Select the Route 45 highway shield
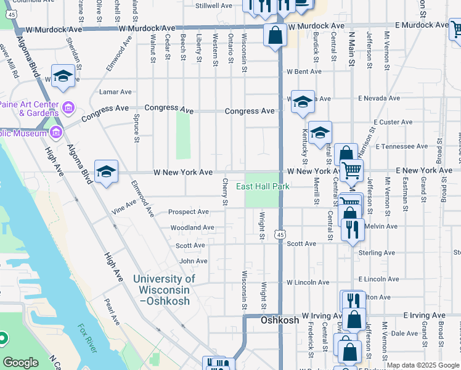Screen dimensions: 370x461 [x=281, y=235]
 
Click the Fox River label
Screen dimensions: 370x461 [x=87, y=339]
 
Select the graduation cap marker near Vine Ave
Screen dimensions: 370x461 [x=106, y=172]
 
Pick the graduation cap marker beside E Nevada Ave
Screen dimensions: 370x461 [x=302, y=102]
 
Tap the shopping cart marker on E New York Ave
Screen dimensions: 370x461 [x=351, y=170]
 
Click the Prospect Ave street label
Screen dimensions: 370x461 [x=189, y=212]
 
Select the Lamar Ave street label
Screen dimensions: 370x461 [x=115, y=92]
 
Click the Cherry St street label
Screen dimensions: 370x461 [x=226, y=193]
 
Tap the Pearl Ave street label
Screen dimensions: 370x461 [x=112, y=313]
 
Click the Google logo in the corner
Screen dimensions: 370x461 [x=20, y=363]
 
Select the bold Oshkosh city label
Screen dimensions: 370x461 [x=280, y=320]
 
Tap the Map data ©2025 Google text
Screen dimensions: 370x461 [x=423, y=365]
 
